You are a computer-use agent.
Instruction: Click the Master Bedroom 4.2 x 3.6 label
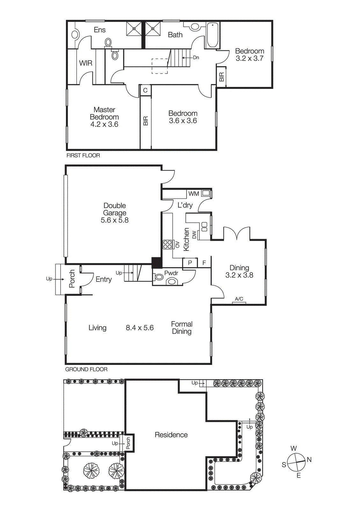click(x=104, y=117)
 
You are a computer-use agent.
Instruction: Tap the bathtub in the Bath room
click(x=212, y=35)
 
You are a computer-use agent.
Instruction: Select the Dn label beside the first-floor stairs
click(x=196, y=58)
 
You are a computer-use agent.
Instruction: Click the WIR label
click(x=86, y=63)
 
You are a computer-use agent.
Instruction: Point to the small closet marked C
click(x=145, y=91)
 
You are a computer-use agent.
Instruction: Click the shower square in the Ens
click(x=134, y=28)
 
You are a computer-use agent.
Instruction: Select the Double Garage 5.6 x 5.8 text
click(x=115, y=213)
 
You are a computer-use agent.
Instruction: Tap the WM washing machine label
click(x=193, y=193)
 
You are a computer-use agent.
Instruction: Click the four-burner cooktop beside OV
click(x=168, y=244)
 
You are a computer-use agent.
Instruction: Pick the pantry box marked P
click(x=190, y=263)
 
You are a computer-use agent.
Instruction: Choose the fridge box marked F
click(x=204, y=263)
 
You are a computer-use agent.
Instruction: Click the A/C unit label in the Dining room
click(x=239, y=299)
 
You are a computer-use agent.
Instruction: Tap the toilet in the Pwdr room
click(x=172, y=281)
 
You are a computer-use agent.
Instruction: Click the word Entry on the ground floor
click(x=104, y=280)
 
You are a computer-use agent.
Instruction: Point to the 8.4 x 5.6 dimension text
click(x=140, y=328)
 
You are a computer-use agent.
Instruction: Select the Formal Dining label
click(x=182, y=328)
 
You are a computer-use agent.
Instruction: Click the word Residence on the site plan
click(x=171, y=435)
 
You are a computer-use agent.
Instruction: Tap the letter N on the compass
click(x=309, y=460)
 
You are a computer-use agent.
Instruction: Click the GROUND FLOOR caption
click(x=86, y=369)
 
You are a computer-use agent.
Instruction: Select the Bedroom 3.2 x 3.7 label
click(x=249, y=55)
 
